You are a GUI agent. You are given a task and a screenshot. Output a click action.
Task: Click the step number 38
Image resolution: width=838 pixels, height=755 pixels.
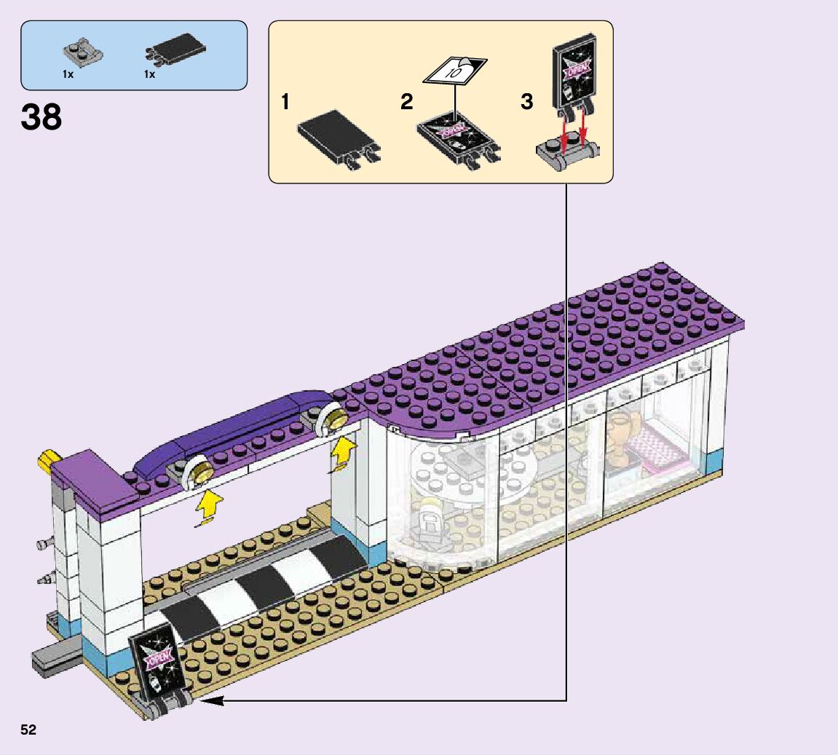point(41,116)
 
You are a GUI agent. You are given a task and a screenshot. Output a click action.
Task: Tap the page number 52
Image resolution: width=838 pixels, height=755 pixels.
point(28,730)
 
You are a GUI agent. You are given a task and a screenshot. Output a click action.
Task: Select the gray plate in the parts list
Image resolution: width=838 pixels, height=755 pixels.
point(81,52)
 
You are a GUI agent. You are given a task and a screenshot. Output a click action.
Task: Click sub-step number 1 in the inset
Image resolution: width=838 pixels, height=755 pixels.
point(285,103)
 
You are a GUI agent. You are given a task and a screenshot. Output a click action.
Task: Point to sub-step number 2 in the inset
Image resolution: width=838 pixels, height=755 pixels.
point(406,103)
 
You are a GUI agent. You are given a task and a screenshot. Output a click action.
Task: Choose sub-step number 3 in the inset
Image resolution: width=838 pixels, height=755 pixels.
point(527,103)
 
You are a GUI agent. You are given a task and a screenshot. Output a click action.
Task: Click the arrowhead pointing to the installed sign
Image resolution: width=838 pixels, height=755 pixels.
point(207,700)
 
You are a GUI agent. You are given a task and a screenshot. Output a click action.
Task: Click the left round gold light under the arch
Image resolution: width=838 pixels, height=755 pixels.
point(200,472)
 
